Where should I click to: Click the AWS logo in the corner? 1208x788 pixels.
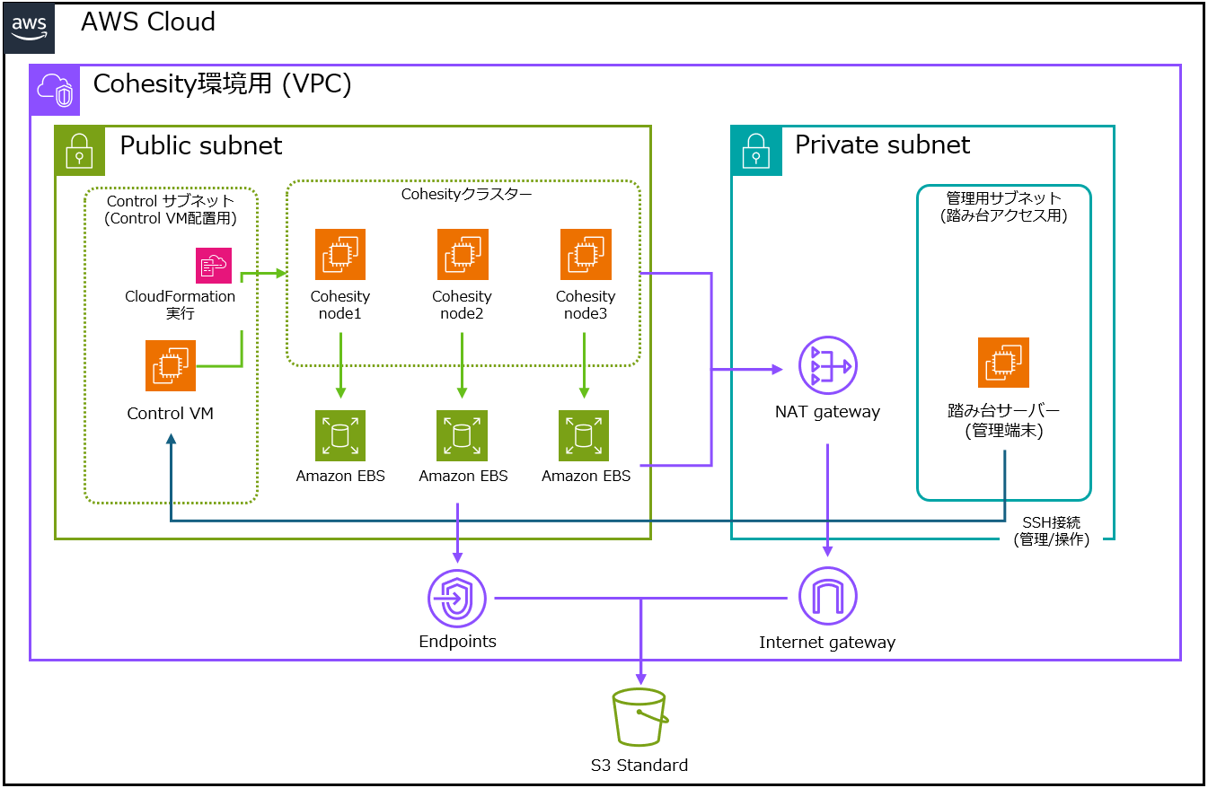[29, 29]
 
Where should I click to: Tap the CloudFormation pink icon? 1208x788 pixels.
[214, 265]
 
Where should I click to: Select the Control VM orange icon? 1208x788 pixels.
[171, 365]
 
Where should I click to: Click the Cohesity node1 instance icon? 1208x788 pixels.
[340, 254]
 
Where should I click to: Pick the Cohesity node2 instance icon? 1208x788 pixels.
[463, 254]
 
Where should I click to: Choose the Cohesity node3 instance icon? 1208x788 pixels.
[586, 254]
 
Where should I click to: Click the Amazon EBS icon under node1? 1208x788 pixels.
[340, 435]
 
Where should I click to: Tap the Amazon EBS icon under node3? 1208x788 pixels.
[584, 435]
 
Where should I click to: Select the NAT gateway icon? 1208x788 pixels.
[828, 365]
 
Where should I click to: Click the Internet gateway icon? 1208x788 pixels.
[828, 596]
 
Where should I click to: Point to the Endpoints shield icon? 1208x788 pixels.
[457, 599]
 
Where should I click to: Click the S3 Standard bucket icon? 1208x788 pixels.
[640, 717]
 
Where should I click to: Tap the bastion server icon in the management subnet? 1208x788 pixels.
[1003, 363]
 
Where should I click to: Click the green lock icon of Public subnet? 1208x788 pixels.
[80, 151]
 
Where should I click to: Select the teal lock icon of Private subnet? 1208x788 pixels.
[756, 151]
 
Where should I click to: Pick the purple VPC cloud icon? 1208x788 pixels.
[55, 90]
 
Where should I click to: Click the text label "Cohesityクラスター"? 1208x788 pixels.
[466, 194]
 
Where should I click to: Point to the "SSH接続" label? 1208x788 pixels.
[1052, 522]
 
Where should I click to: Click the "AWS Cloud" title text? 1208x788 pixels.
[148, 22]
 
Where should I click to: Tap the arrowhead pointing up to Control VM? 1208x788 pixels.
[171, 439]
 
